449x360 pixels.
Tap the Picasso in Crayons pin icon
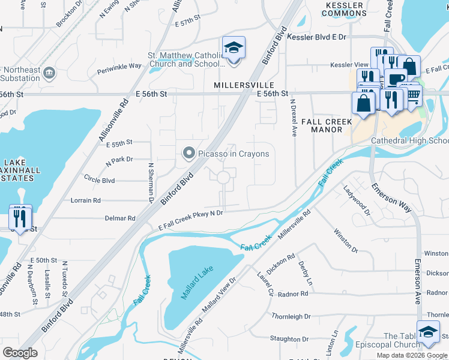coord(188,154)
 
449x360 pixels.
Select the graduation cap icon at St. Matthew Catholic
coord(234,49)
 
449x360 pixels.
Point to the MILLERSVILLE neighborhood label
coord(244,86)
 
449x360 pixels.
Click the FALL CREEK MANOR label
coord(330,125)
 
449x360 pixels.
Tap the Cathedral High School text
coord(409,140)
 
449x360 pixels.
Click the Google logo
coord(20,353)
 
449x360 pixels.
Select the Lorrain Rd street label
coord(86,200)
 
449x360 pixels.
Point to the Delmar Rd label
coord(120,218)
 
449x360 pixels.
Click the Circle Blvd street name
coord(99,179)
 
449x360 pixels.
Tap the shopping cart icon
coord(412,94)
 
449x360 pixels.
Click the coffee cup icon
coord(395,79)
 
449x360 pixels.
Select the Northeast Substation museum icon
coord(49,73)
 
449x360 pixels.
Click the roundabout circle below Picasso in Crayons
coord(223,177)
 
